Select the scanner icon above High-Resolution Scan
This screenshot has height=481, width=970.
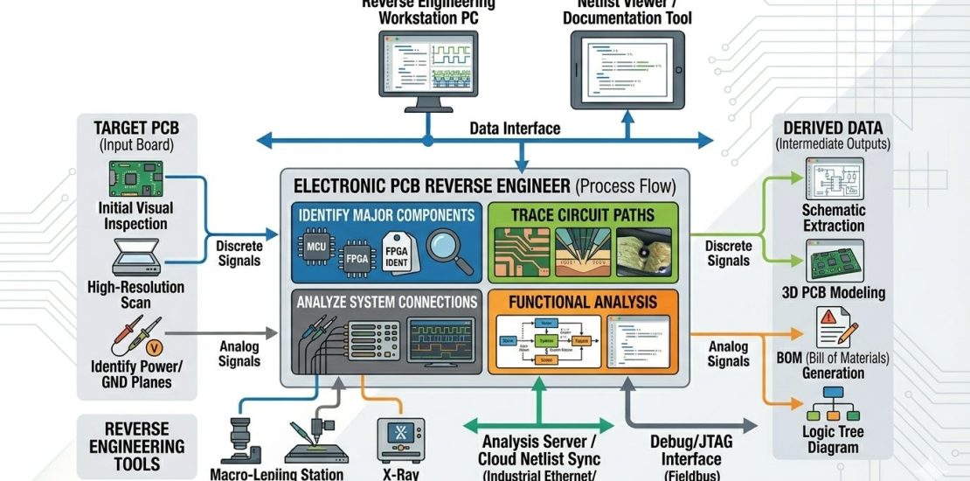pos(135,259)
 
